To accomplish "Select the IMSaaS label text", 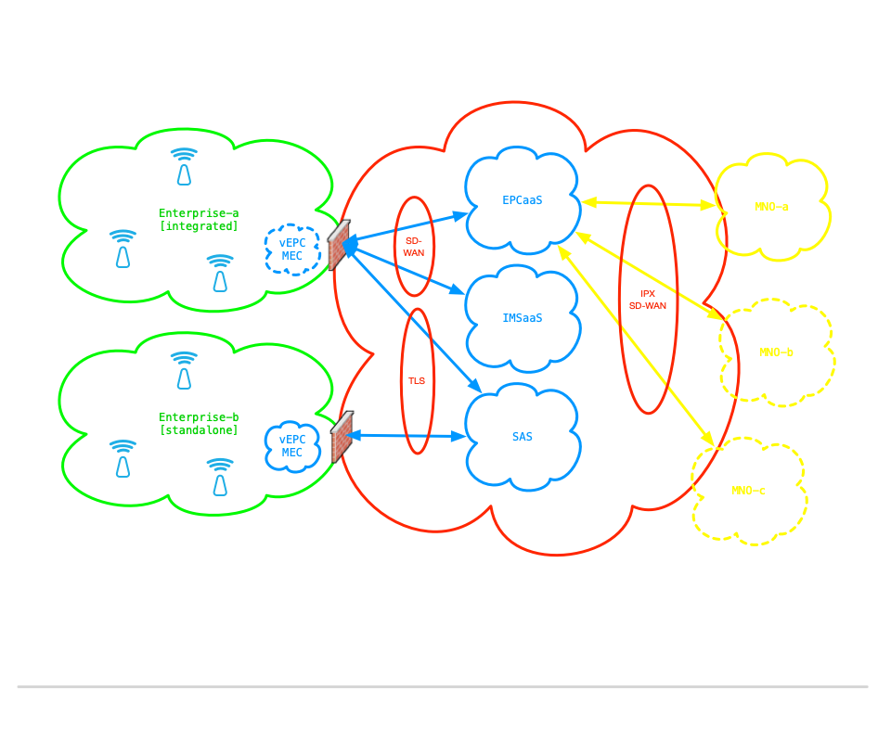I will click(x=523, y=318).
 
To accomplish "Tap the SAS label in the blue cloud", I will click(x=523, y=436).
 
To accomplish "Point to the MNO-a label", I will click(x=772, y=207).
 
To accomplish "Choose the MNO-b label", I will click(x=776, y=352).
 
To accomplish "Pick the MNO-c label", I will click(x=749, y=491).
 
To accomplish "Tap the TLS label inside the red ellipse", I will click(x=418, y=381).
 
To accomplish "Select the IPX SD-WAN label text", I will click(x=647, y=299).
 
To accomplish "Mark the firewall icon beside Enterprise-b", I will click(x=342, y=436).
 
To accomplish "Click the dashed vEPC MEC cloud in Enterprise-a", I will click(x=292, y=249).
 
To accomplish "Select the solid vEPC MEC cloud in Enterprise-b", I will click(x=292, y=446).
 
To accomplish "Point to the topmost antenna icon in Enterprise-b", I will click(x=184, y=369).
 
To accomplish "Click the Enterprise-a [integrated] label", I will click(x=199, y=219).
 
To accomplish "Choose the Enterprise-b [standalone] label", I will click(x=199, y=424).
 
